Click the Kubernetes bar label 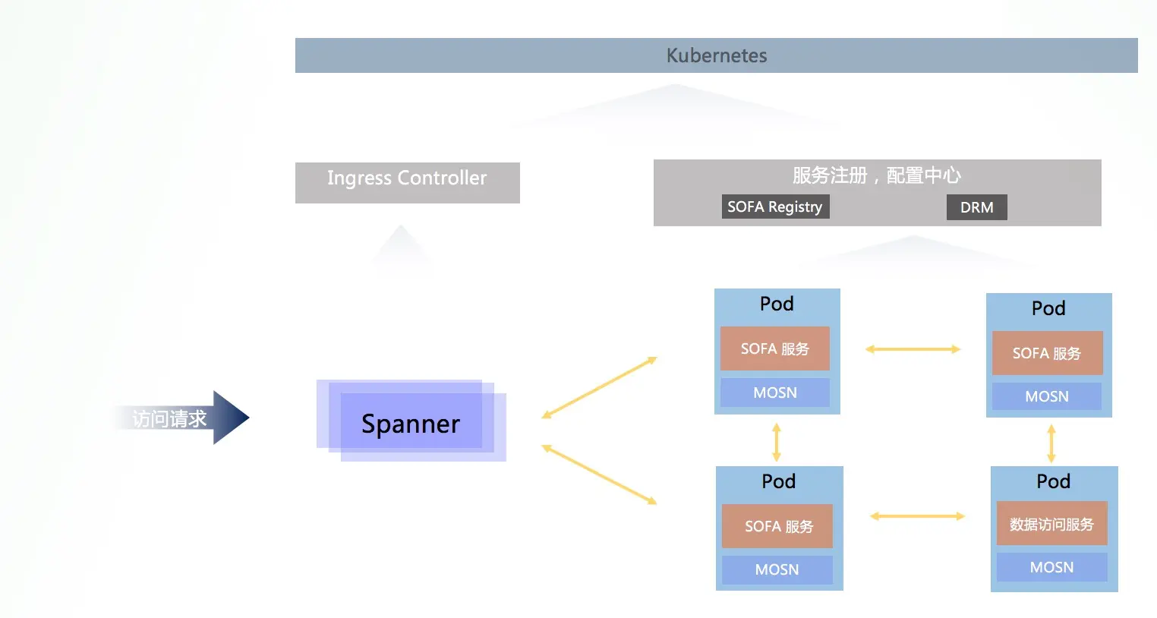(717, 55)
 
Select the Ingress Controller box (408, 183)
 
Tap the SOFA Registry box (775, 207)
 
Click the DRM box (977, 207)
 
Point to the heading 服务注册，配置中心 (877, 175)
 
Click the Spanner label (411, 424)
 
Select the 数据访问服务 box (1051, 523)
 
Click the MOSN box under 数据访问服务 (1051, 567)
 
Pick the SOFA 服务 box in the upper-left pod (775, 348)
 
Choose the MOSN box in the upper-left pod (775, 393)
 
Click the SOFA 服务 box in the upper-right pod (1047, 353)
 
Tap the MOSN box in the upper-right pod (1047, 396)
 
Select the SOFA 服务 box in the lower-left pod (777, 526)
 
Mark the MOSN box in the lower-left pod (777, 569)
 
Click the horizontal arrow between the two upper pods (913, 349)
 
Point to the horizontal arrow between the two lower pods (917, 516)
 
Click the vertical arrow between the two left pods (777, 443)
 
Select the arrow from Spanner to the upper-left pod (599, 387)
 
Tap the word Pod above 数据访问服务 (1053, 481)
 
